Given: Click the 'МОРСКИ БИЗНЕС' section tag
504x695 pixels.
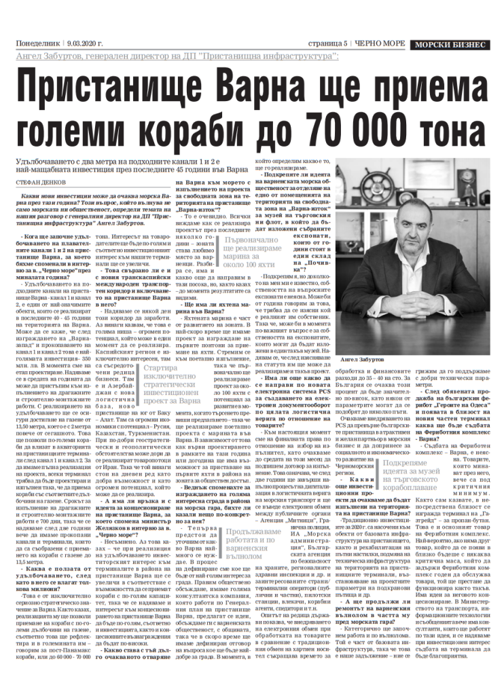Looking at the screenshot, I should point(450,44).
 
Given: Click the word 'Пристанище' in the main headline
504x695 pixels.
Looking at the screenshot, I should point(101,87).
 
